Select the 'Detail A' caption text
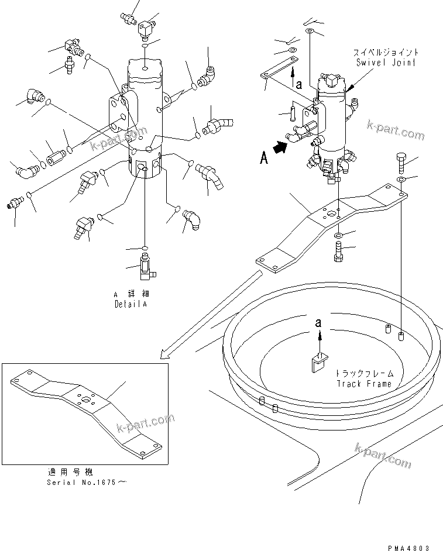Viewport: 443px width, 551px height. tap(131, 305)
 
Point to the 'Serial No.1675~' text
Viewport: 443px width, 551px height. tap(85, 482)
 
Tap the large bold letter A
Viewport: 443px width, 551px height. tap(264, 157)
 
